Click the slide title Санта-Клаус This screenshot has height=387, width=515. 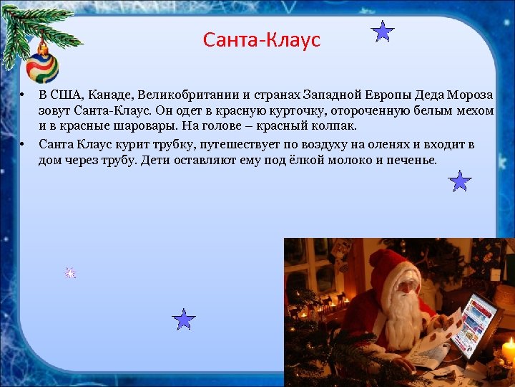(x=261, y=39)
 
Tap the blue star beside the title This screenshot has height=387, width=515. (x=384, y=32)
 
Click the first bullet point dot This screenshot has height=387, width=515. (x=23, y=96)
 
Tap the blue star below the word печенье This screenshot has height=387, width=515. (x=460, y=181)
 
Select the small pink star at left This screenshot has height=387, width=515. (x=70, y=272)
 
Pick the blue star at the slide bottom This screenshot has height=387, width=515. (x=185, y=320)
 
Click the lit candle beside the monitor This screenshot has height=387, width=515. (x=509, y=352)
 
